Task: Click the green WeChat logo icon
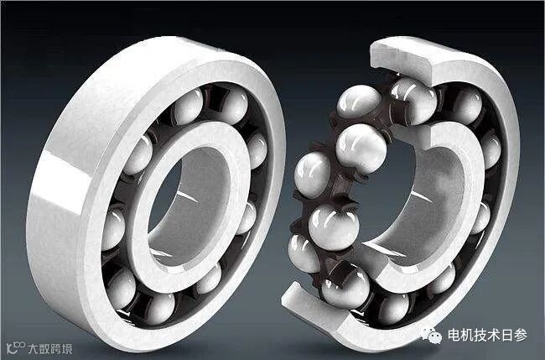coord(431,336)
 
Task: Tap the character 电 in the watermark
coord(454,335)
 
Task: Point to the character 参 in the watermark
coord(521,335)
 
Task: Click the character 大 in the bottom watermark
coord(34,348)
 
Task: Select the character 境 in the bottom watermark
coord(67,348)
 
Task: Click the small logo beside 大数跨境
coord(16,347)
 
